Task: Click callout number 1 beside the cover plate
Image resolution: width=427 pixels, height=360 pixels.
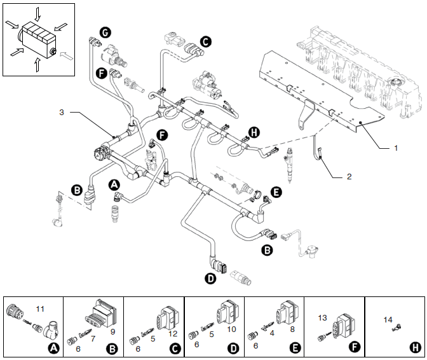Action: (x=396, y=148)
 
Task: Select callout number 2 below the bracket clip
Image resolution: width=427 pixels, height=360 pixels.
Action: (x=349, y=177)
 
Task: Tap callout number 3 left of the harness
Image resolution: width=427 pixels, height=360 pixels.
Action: (x=62, y=113)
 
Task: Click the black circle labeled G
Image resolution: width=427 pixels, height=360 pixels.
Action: (x=105, y=32)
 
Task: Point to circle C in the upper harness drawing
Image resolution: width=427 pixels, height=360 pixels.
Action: (x=206, y=42)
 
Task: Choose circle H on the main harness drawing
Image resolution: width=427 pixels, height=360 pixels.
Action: (x=254, y=132)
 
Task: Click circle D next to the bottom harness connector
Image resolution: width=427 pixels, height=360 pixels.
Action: (x=210, y=279)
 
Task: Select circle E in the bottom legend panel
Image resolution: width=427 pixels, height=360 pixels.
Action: (x=295, y=349)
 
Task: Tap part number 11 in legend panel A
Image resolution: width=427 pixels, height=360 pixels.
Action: (x=40, y=309)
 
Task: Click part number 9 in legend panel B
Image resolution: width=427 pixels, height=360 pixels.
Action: (x=112, y=331)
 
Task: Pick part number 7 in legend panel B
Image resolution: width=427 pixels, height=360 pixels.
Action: (x=93, y=339)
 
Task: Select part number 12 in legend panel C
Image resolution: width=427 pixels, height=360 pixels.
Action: (x=173, y=334)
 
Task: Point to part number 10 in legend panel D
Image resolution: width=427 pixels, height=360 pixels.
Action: (x=231, y=329)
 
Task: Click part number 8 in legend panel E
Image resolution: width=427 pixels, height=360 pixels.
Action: (x=292, y=329)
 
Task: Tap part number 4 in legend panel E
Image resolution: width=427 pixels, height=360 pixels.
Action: (x=272, y=333)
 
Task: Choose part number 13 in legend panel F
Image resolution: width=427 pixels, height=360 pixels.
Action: (x=322, y=318)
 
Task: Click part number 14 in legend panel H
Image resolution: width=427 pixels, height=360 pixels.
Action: (x=388, y=320)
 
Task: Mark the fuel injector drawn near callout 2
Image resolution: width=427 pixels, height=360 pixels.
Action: (x=289, y=164)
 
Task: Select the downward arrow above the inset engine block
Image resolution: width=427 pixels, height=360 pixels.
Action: (x=37, y=14)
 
